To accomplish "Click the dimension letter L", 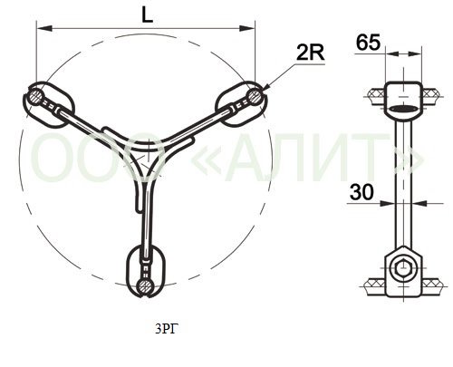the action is coord(147,14).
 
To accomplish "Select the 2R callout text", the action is coord(310,53).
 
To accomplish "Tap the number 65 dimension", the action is coord(368,43).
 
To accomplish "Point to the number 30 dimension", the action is coord(361,192).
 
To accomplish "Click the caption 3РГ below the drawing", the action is coord(165,329).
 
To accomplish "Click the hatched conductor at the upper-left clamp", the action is coord(35,96).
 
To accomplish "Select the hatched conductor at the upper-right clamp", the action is coord(255,95).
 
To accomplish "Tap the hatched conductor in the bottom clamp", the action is coord(144,285).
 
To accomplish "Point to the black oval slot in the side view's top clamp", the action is coord(403,108).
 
